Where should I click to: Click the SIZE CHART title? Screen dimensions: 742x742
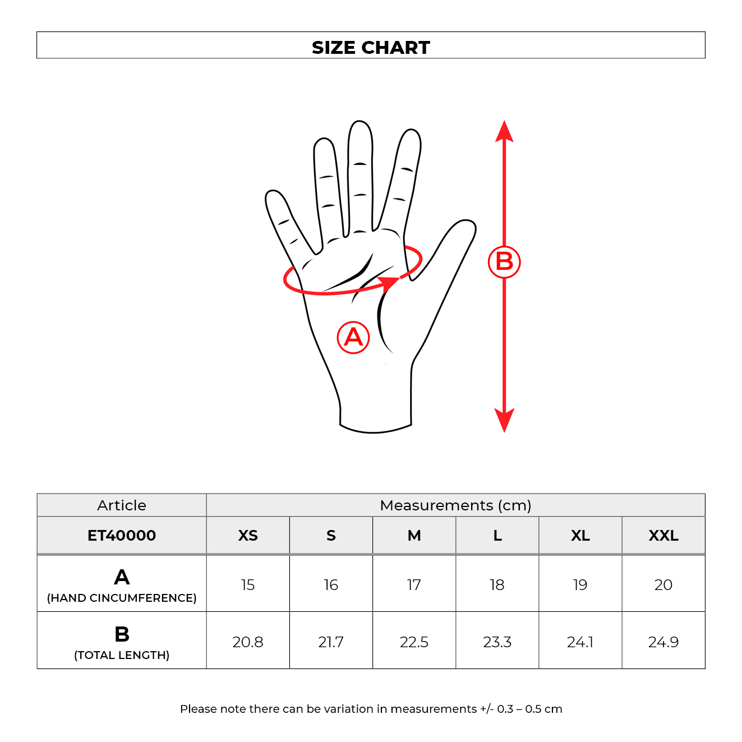pos(371,47)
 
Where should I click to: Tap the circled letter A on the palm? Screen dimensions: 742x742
pos(353,337)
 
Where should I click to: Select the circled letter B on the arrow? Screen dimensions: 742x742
pos(504,261)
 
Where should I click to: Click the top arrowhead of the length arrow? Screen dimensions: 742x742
pos(504,131)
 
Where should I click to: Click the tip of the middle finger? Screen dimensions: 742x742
pos(360,125)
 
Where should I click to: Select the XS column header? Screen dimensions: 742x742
pos(248,536)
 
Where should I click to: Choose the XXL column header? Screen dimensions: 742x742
pos(663,536)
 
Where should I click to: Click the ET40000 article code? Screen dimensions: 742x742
pos(122,536)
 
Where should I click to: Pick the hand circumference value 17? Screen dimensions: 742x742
pos(414,585)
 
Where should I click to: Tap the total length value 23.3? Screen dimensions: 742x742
pos(497,642)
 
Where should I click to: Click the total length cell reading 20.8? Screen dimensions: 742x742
pos(248,642)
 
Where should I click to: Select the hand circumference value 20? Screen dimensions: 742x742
pos(663,585)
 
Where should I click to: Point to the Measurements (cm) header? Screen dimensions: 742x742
pos(455,505)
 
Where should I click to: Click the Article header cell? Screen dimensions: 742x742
pos(122,505)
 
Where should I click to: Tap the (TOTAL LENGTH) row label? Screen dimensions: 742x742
pos(122,655)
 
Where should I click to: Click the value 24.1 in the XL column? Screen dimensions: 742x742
pos(580,642)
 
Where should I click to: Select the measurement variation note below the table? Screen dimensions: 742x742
pos(371,709)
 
